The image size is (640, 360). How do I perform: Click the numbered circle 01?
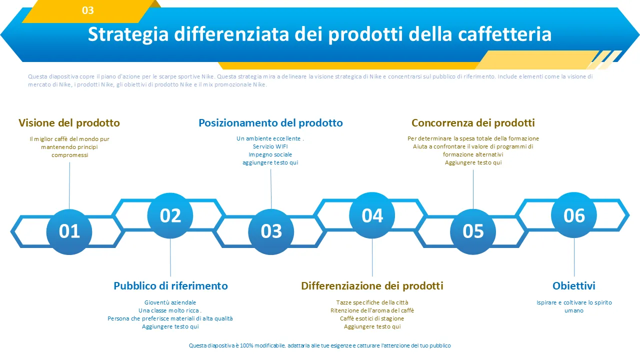[69, 231]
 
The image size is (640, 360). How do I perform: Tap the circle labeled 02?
[170, 215]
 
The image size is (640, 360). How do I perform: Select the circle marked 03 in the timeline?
[271, 231]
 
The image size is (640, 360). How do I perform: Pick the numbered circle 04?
[372, 215]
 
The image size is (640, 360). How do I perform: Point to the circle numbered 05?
[473, 231]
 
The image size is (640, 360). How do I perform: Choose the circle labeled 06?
[574, 215]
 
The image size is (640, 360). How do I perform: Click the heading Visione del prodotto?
[69, 123]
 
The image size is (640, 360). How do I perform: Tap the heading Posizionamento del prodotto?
[270, 123]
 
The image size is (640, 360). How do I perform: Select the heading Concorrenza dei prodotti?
[473, 123]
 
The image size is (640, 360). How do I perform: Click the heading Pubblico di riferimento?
[170, 285]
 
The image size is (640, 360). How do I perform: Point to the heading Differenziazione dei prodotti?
[372, 285]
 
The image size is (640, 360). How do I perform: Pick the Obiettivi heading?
[573, 285]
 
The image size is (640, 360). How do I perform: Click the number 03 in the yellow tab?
[87, 10]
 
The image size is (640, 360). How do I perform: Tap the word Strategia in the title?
[128, 34]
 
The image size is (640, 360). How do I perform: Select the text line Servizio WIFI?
[270, 146]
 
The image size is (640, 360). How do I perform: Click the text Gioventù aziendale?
[170, 302]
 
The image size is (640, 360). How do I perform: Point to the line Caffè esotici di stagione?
[372, 318]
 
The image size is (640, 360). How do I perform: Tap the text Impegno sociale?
[270, 154]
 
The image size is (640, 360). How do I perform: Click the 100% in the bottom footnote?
[246, 345]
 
